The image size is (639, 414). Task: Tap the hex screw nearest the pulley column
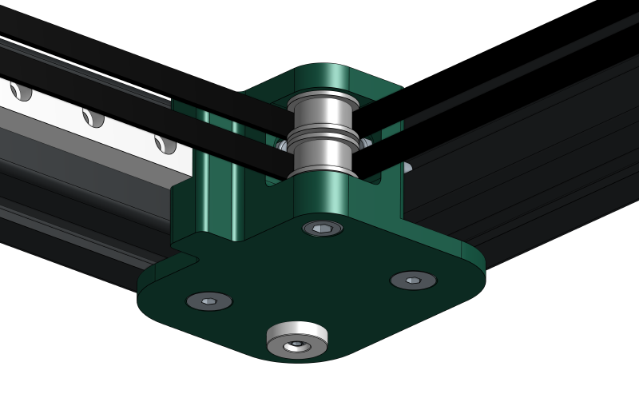pyautogui.click(x=323, y=229)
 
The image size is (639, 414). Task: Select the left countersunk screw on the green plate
pyautogui.click(x=209, y=301)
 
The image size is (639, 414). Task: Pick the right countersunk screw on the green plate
pyautogui.click(x=413, y=281)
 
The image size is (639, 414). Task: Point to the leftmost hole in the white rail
pyautogui.click(x=21, y=91)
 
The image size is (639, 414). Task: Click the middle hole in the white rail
pyautogui.click(x=93, y=117)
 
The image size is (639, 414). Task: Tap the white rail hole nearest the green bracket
pyautogui.click(x=165, y=144)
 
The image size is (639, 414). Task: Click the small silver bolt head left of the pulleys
pyautogui.click(x=281, y=145)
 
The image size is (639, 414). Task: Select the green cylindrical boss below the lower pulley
pyautogui.click(x=322, y=196)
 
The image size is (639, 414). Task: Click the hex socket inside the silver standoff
pyautogui.click(x=296, y=344)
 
